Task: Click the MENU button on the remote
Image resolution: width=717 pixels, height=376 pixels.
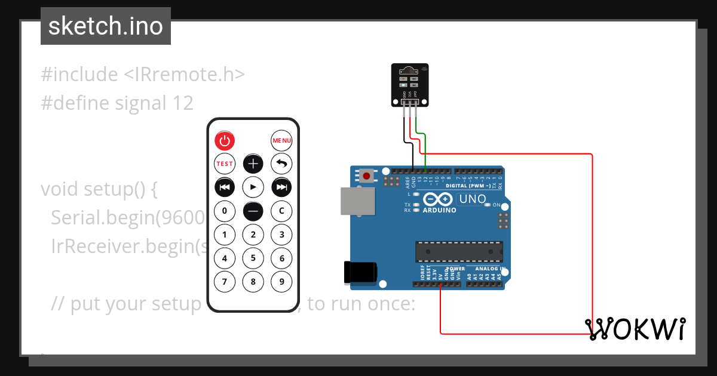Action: [x=282, y=141]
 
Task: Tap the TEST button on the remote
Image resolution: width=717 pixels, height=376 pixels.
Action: [x=225, y=164]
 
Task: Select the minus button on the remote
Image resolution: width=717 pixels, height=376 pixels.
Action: [x=253, y=211]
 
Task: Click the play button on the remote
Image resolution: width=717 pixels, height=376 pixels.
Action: [x=253, y=187]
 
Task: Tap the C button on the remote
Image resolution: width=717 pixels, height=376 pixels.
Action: [x=282, y=211]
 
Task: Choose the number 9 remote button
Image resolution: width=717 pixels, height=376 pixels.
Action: [x=282, y=281]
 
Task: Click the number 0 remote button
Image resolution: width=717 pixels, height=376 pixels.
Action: [x=225, y=211]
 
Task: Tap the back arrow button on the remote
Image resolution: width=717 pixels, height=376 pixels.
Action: [x=282, y=164]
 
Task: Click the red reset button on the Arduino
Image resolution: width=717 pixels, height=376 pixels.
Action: [x=366, y=176]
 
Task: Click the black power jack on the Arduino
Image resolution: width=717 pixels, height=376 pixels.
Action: [x=358, y=272]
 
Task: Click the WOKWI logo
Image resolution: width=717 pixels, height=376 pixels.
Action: [x=636, y=329]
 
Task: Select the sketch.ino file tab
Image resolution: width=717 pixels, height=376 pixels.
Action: [x=106, y=26]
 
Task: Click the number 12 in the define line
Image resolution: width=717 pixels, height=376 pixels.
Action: [x=182, y=103]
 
